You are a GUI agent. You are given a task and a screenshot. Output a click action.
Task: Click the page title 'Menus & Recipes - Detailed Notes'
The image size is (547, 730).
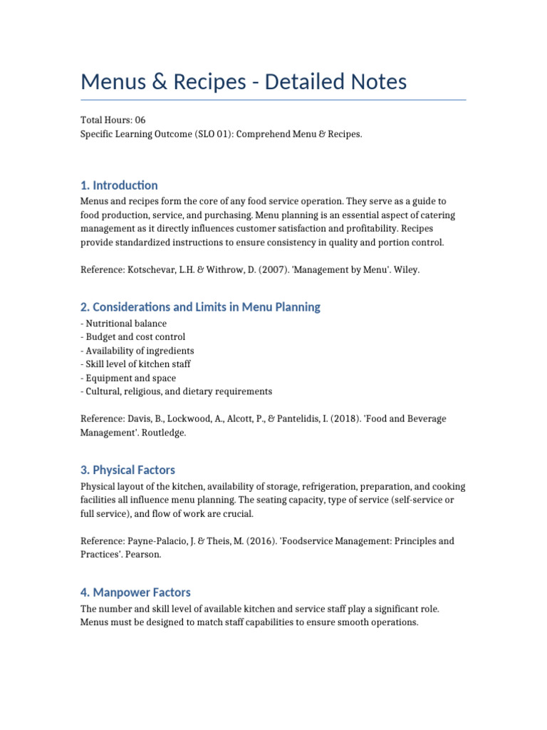[244, 82]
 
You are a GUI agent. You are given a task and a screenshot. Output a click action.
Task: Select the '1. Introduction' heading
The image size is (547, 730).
[119, 185]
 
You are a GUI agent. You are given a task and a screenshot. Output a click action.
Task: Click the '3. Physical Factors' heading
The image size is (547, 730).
[127, 470]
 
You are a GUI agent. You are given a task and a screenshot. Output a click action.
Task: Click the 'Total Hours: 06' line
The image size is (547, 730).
[113, 120]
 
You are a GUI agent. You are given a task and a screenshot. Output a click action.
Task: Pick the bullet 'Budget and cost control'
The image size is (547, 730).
[133, 337]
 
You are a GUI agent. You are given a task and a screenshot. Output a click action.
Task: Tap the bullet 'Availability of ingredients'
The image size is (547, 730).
[137, 351]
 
